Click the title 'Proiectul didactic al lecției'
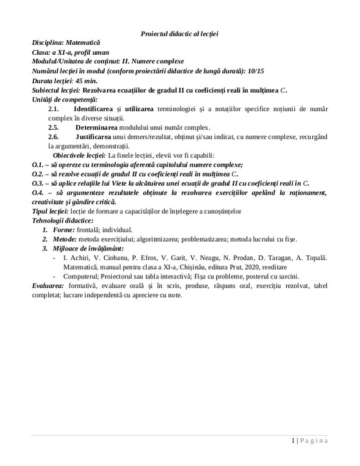coord(179,34)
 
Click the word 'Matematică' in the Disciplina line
coord(83,43)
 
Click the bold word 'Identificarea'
coord(94,109)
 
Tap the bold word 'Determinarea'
coord(97,127)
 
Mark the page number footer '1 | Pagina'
coord(310,441)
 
